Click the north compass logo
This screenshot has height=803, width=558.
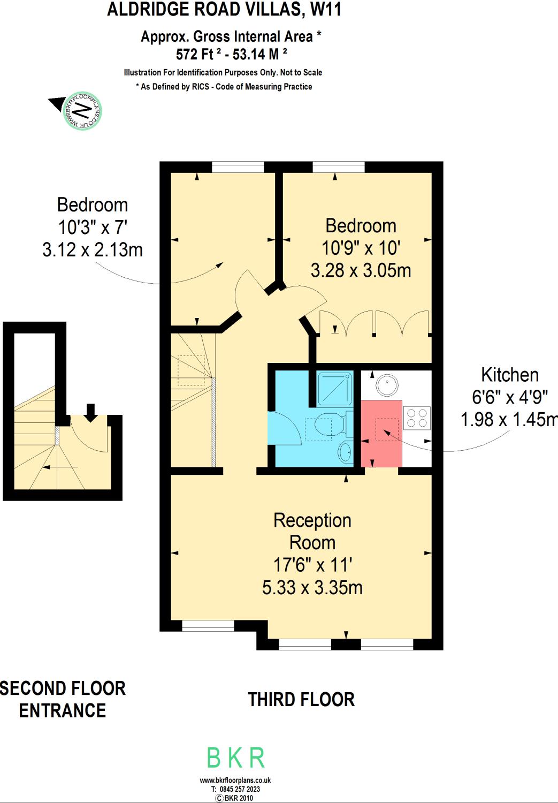click(x=82, y=111)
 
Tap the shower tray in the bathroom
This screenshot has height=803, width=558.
click(x=335, y=388)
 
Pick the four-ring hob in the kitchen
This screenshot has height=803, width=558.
click(x=417, y=418)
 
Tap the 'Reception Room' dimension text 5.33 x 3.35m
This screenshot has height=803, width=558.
click(x=312, y=587)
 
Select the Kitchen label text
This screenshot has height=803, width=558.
click(x=509, y=375)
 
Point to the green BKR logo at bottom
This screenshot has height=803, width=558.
click(x=236, y=758)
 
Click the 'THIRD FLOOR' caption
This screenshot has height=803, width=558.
click(x=301, y=700)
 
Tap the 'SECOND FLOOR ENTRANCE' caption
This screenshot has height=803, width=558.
click(x=63, y=699)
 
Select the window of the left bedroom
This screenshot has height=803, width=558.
click(x=238, y=167)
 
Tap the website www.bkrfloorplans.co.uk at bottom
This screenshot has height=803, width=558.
click(x=235, y=781)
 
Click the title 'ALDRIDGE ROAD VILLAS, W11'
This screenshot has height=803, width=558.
click(x=224, y=10)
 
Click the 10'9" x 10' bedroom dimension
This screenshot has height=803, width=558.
click(x=361, y=248)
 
